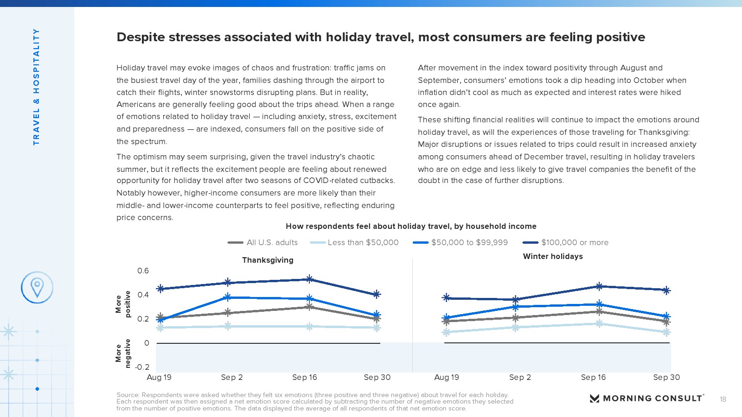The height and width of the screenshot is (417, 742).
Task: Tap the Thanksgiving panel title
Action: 268,260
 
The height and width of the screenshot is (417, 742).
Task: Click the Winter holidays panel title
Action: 553,256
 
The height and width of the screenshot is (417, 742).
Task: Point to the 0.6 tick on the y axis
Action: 143,271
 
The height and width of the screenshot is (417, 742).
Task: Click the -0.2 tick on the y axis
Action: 142,367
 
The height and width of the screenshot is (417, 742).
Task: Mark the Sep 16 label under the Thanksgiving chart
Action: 305,377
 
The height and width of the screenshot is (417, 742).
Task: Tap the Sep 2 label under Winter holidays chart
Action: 520,377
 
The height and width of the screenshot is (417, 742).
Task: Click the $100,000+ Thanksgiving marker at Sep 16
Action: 309,279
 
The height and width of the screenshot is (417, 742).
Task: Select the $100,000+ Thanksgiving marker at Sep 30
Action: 377,294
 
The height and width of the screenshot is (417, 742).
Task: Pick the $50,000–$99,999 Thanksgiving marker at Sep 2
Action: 228,297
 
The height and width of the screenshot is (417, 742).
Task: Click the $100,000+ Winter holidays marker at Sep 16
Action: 599,286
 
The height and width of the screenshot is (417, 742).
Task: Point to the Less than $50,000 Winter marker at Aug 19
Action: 447,332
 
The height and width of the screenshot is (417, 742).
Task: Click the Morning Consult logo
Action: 646,398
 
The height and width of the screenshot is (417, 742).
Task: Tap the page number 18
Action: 723,399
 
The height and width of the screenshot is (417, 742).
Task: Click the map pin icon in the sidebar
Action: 37,287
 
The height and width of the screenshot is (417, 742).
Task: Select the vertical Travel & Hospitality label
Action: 36,87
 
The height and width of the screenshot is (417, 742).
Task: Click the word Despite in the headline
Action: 141,37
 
